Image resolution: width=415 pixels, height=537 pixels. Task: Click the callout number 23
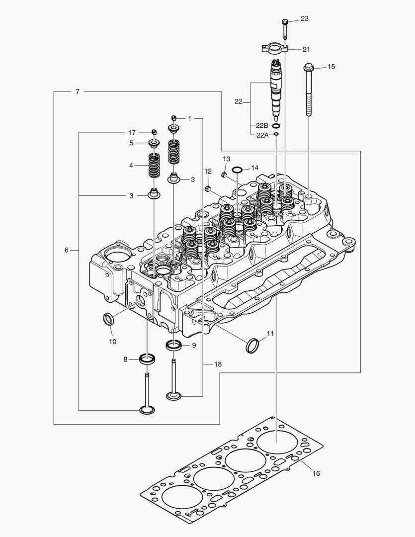(304, 19)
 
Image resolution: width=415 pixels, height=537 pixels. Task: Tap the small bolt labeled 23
(285, 27)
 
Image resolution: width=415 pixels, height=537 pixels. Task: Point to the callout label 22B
(262, 126)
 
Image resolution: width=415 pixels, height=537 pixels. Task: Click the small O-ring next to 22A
(276, 134)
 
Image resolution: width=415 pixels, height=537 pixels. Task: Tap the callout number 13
(226, 159)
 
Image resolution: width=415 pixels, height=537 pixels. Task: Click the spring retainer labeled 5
(155, 144)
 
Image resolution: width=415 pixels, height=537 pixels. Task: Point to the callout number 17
(132, 132)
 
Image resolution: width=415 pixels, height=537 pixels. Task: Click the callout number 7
(78, 91)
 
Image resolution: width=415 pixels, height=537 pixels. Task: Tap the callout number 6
(67, 250)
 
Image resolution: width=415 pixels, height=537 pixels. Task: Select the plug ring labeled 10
(108, 318)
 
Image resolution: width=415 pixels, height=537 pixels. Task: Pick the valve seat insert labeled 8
(147, 358)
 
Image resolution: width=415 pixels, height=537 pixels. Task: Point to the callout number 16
(316, 473)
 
